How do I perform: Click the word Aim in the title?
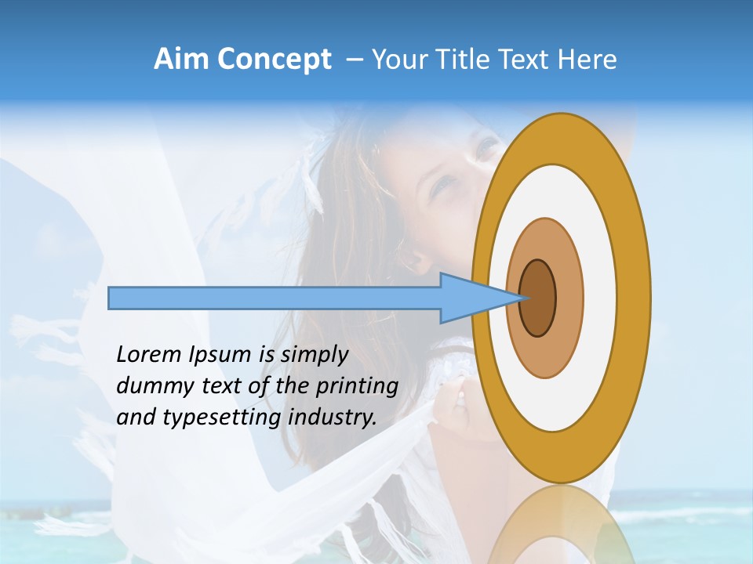point(182,60)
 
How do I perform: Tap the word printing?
point(357,386)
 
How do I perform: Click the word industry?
point(333,418)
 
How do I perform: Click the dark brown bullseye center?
point(538,298)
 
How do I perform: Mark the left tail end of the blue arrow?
point(110,298)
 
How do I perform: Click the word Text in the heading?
point(523,60)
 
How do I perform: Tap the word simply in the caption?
point(314,356)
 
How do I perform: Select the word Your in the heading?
point(396,60)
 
